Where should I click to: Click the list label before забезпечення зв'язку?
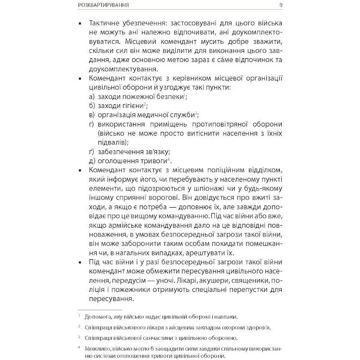pos(92,152)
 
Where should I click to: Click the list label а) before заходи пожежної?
pos(92,96)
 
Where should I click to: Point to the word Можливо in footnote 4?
pos(96,348)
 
